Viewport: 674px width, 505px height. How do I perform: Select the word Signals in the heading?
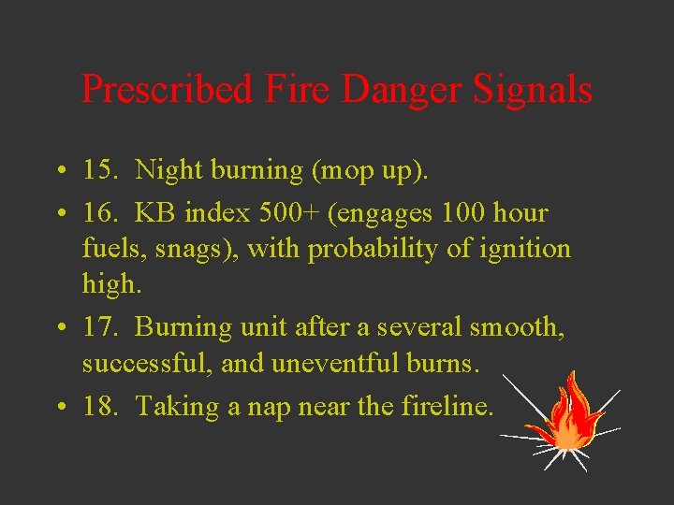click(x=533, y=90)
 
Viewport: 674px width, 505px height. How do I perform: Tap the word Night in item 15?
click(x=169, y=169)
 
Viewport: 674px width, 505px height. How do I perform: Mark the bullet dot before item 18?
click(x=59, y=407)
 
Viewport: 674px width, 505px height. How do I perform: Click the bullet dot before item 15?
click(x=59, y=171)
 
